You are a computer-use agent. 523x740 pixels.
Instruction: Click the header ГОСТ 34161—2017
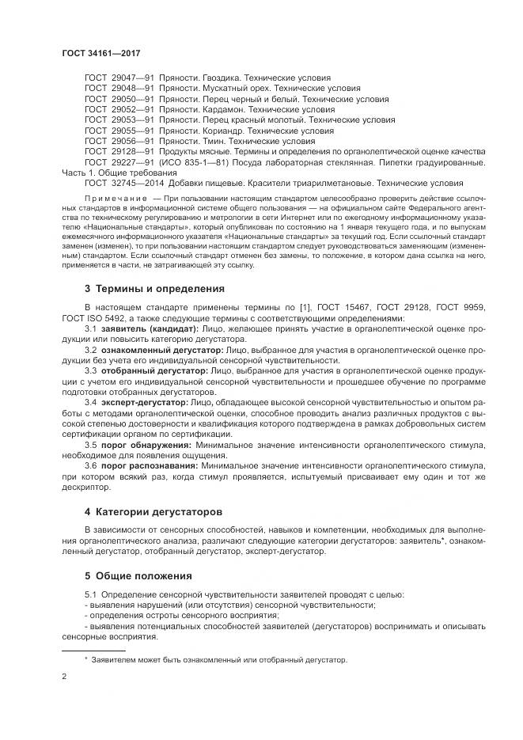pos(95,52)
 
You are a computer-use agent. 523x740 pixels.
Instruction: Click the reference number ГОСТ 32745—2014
pos(123,182)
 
